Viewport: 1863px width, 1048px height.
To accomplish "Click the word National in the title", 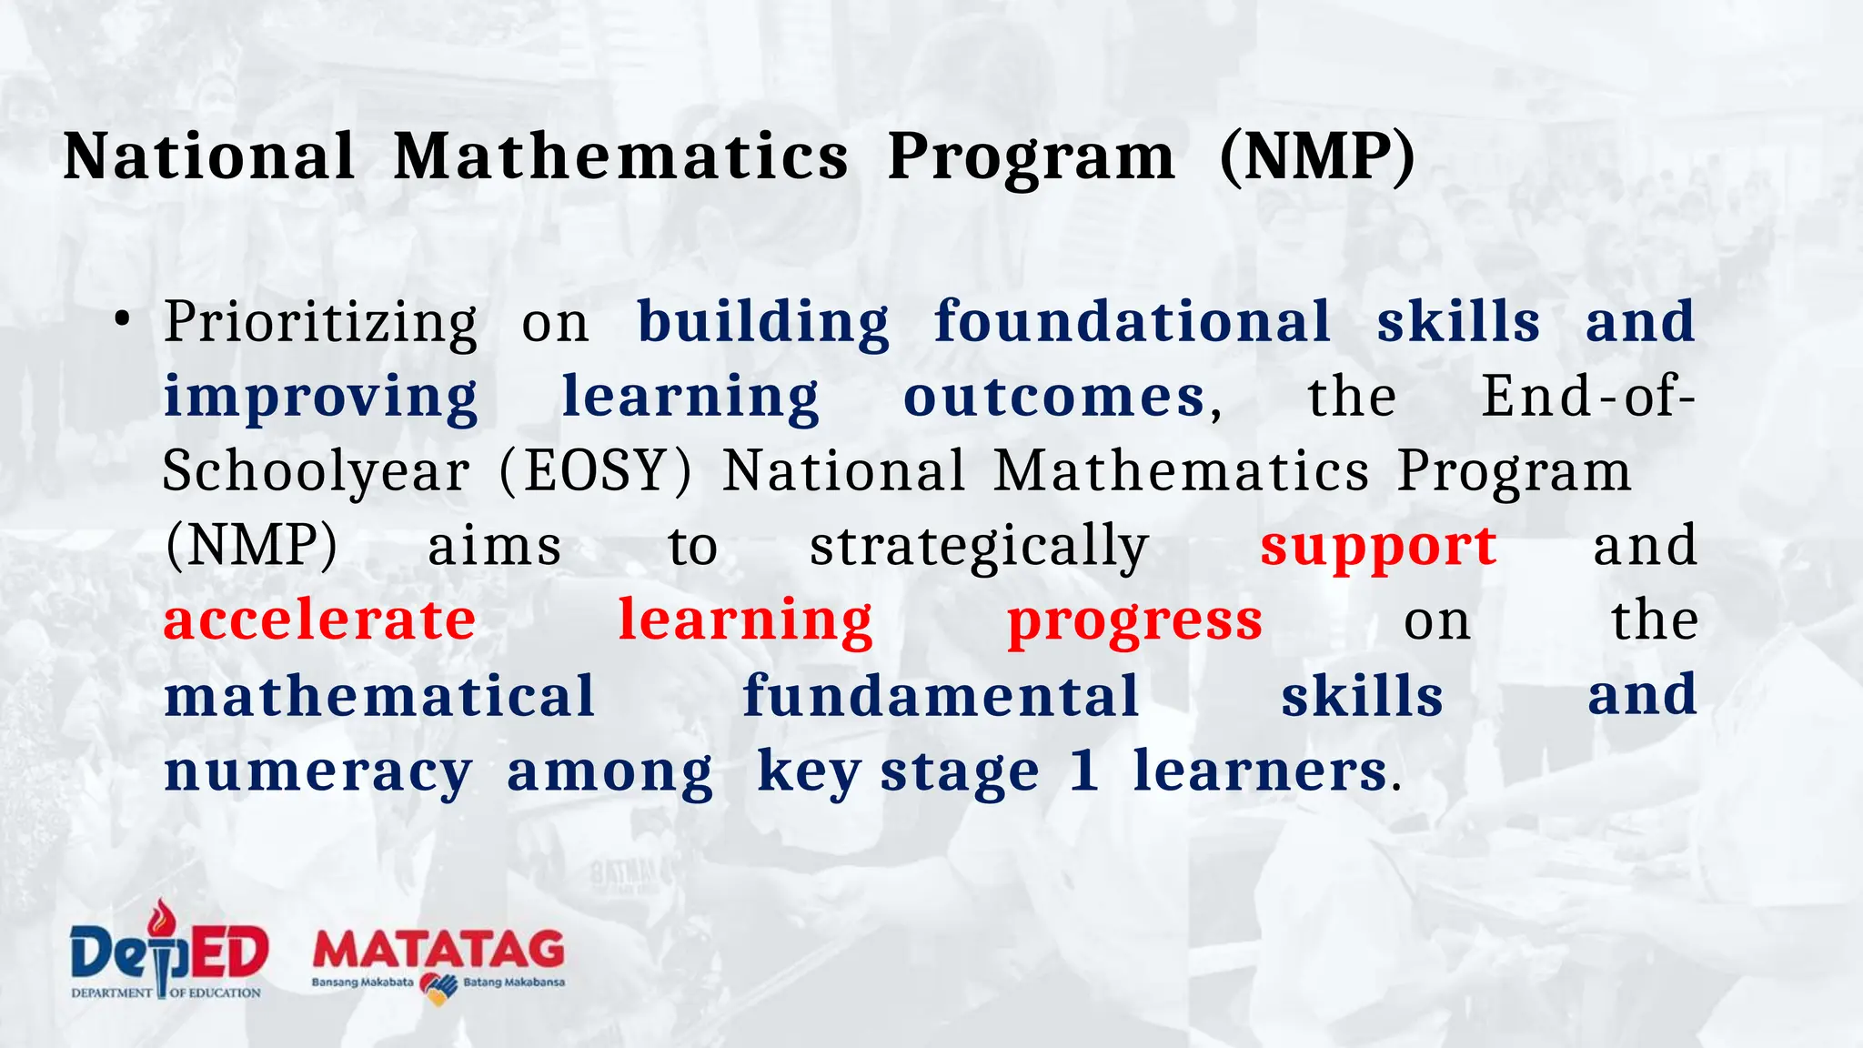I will point(209,156).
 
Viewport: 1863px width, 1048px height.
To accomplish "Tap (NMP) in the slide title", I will point(1317,156).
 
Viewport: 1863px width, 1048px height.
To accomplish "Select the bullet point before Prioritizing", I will point(123,321).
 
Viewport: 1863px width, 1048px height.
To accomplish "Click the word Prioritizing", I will point(320,323).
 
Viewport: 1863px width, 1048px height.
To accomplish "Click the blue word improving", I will point(320,398).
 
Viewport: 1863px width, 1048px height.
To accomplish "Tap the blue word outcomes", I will point(1053,398).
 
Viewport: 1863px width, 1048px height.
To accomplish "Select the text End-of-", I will point(1587,397).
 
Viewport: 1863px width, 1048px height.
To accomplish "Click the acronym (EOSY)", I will point(595,472).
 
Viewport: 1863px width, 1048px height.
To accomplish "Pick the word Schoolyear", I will point(316,472).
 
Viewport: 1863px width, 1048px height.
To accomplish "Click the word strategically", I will point(979,548).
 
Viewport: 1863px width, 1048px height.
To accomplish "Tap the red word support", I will point(1378,548).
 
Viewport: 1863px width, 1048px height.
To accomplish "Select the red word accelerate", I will point(319,620).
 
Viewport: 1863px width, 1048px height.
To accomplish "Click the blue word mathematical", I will point(379,697).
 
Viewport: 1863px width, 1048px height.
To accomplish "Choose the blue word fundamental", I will point(941,697).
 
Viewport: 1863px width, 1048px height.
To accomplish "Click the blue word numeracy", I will point(317,773).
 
